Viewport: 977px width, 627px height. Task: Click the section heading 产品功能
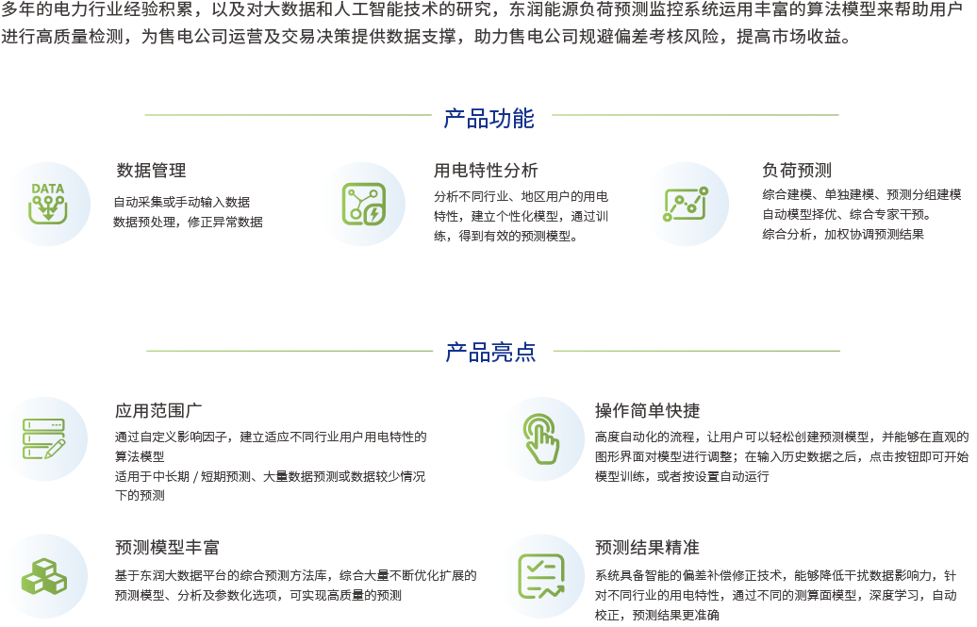(x=488, y=119)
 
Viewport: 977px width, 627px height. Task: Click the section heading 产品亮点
(x=490, y=353)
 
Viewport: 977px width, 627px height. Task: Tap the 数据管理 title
(x=151, y=171)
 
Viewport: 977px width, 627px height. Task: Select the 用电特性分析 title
(x=486, y=171)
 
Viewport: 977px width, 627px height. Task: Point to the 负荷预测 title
(x=796, y=171)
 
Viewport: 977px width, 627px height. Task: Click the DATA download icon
(x=47, y=203)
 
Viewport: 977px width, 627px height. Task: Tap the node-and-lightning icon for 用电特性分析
(x=363, y=204)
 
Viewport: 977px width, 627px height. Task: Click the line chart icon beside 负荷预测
(x=686, y=204)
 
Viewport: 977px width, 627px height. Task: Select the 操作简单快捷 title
(x=647, y=411)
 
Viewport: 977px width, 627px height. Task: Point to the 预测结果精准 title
(x=647, y=548)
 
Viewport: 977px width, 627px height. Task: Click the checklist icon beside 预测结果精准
(x=541, y=575)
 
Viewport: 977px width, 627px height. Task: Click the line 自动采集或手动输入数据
(x=181, y=202)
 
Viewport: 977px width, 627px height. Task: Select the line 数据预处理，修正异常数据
(x=188, y=223)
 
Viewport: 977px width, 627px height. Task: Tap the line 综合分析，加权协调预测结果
(x=843, y=234)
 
